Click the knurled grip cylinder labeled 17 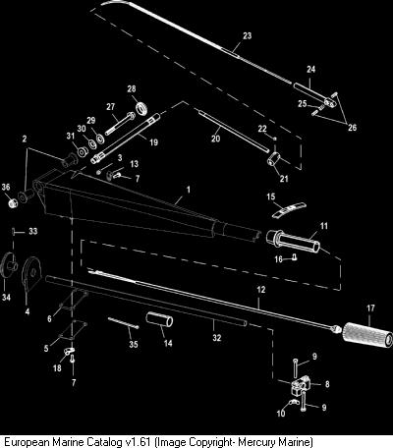pos(367,335)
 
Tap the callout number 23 pos(247,35)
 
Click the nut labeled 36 pos(12,203)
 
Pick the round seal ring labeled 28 pos(141,109)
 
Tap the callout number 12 pos(261,290)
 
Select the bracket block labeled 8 pos(300,384)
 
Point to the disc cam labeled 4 pos(30,273)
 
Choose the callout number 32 pos(217,338)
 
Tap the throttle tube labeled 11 pos(293,241)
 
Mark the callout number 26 pos(352,127)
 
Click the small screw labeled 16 pos(295,257)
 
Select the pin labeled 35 pos(123,322)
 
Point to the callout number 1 pos(188,190)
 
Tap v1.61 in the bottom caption pos(138,441)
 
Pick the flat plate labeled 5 pos(72,331)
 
